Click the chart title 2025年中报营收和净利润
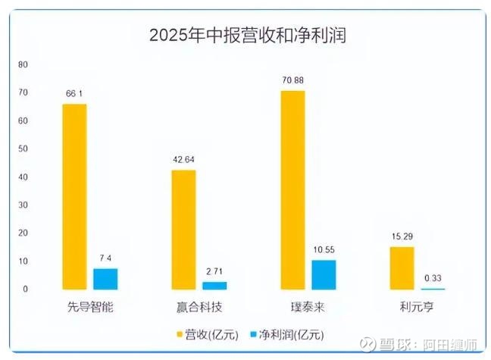pos(247,36)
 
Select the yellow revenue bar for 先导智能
pos(74,196)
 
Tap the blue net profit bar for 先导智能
pos(105,279)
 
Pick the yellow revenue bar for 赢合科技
pos(183,230)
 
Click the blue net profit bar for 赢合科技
pos(214,286)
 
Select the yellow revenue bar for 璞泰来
pos(292,189)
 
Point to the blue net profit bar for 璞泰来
pos(324,274)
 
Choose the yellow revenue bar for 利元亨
pos(402,268)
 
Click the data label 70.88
pos(292,82)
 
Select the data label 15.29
pos(402,238)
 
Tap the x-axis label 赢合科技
pos(199,307)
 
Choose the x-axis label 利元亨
pos(417,307)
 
